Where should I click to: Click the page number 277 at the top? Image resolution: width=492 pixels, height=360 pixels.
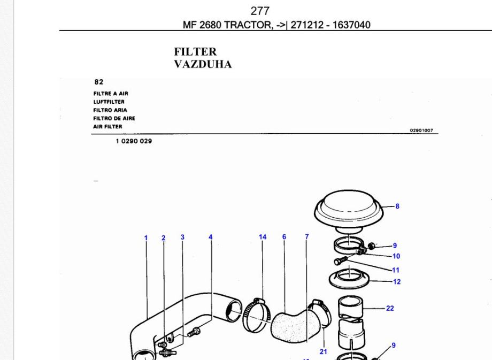[x=260, y=11]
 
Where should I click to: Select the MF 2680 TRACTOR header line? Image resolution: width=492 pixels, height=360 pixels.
[x=276, y=25]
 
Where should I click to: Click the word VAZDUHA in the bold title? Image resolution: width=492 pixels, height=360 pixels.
[x=203, y=65]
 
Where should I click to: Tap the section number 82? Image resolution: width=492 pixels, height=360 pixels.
[x=98, y=82]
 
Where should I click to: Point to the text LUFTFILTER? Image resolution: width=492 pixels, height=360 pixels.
[x=109, y=102]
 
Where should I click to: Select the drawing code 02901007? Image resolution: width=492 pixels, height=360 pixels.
[x=421, y=130]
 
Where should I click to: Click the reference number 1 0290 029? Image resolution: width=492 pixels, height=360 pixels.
[x=133, y=142]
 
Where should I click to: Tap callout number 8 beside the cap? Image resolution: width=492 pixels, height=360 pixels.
[x=397, y=206]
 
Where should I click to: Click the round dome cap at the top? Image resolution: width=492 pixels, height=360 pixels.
[x=350, y=211]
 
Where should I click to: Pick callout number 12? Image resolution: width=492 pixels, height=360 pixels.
[x=396, y=281]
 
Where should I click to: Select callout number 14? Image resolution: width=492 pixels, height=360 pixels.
[x=263, y=236]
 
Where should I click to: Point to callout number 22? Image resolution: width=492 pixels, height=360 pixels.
[x=390, y=308]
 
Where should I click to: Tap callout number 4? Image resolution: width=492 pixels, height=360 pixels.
[x=211, y=237]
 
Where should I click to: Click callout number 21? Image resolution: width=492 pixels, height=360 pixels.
[x=323, y=351]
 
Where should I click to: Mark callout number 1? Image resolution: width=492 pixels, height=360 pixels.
[x=145, y=238]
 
